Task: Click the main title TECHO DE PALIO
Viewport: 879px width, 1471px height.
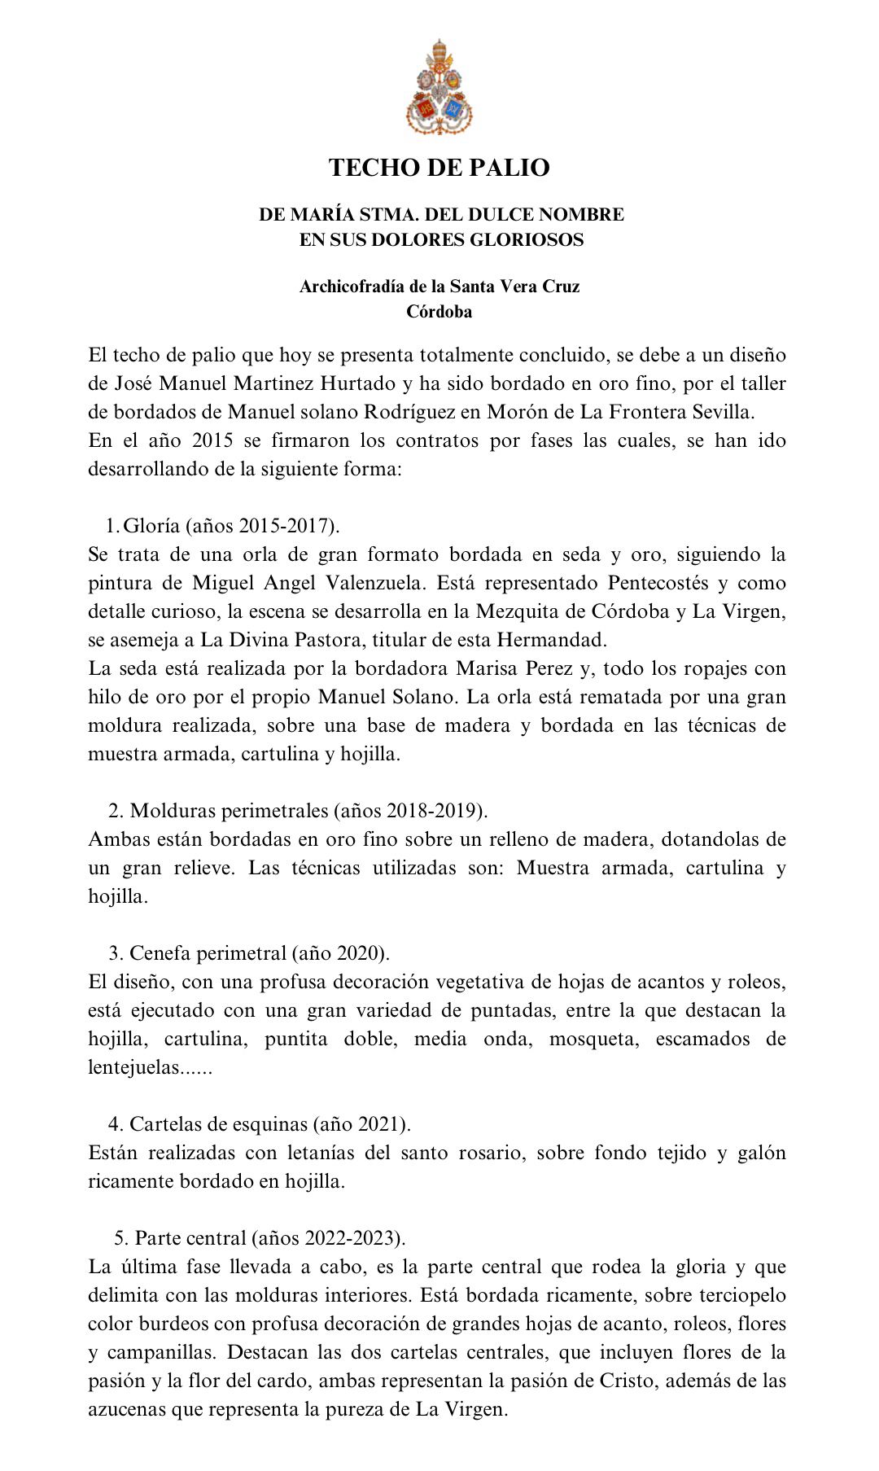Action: click(439, 168)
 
